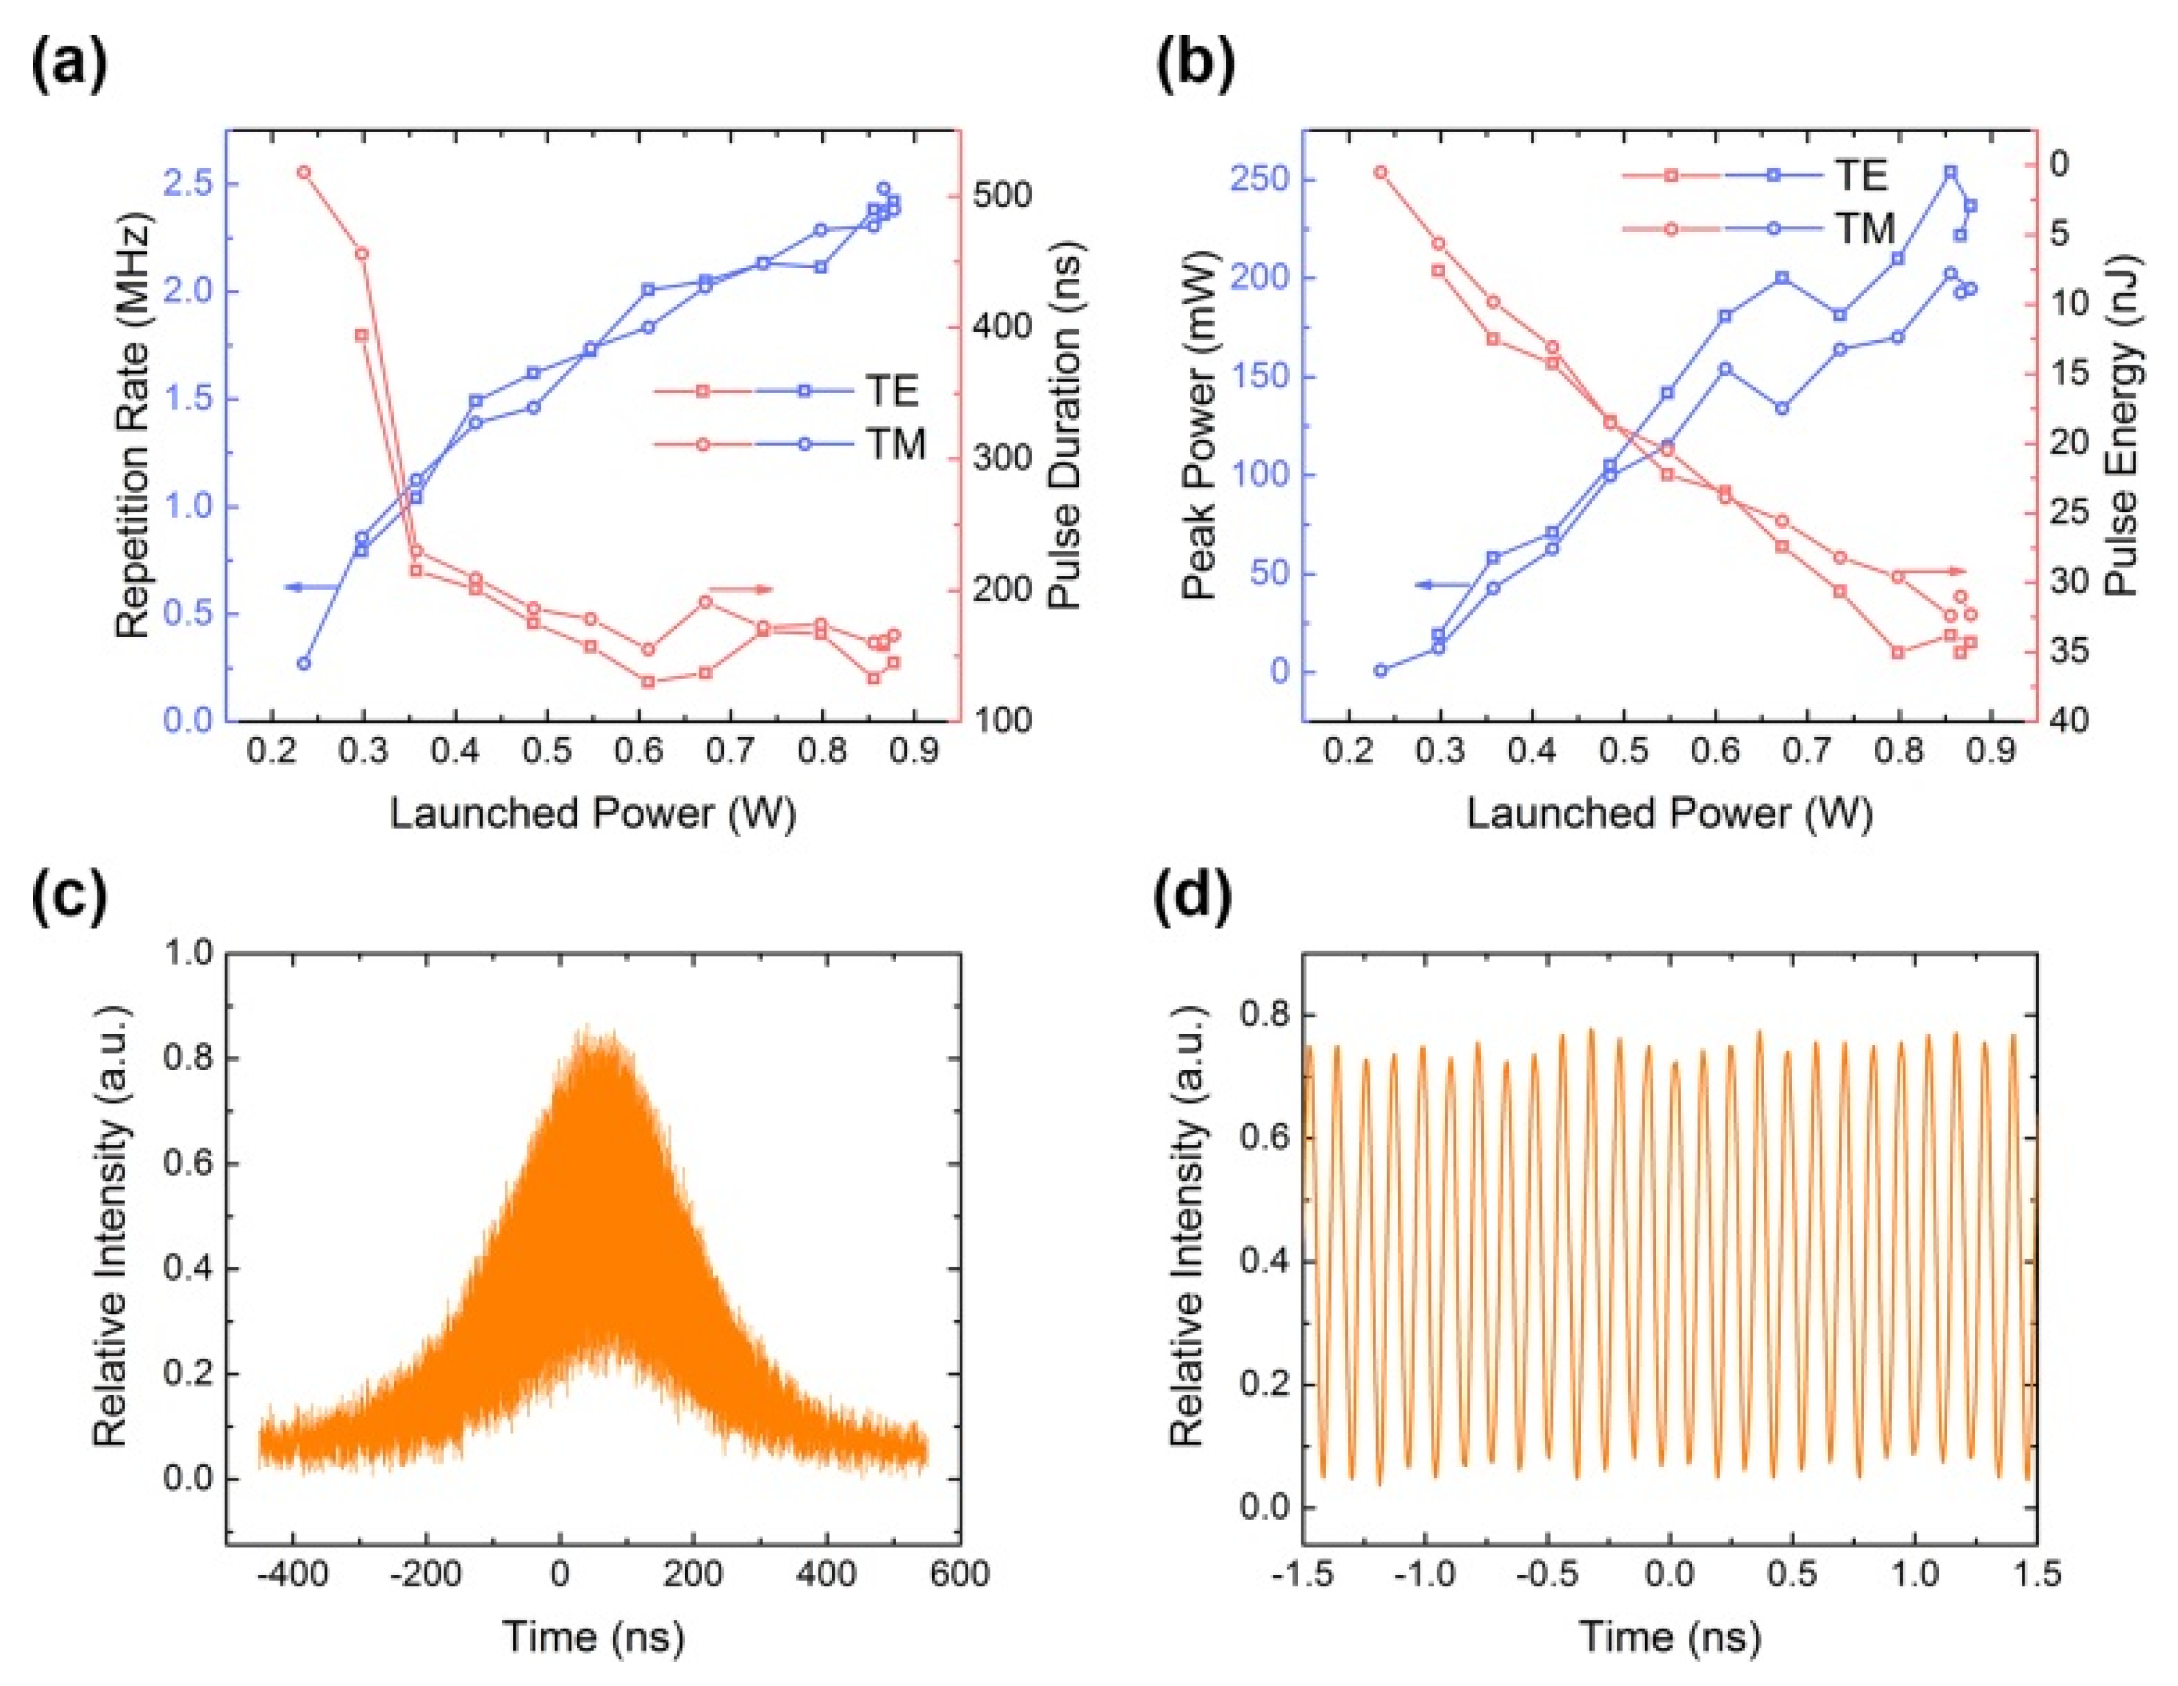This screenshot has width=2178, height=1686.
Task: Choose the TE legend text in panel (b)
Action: pyautogui.click(x=1861, y=175)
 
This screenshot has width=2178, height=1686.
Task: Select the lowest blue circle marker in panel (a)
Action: pyautogui.click(x=305, y=663)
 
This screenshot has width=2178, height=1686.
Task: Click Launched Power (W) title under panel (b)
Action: pyautogui.click(x=1670, y=814)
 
